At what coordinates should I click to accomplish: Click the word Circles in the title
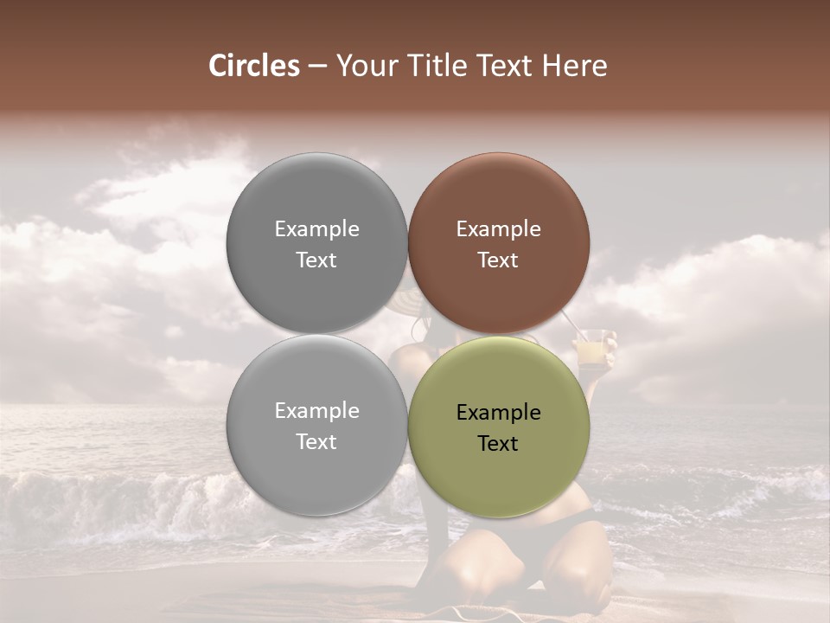pos(253,66)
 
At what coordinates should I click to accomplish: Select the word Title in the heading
pos(438,66)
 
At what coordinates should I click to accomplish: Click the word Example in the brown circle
pos(498,229)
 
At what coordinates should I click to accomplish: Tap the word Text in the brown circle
pos(498,260)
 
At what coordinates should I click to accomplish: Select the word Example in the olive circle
pos(498,413)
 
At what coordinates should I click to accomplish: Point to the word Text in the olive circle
pos(498,443)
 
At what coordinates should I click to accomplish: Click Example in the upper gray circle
pos(316,229)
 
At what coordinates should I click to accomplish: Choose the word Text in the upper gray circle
pos(316,260)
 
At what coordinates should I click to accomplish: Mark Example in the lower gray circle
pos(316,411)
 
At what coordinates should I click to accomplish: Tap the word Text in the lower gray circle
pos(316,441)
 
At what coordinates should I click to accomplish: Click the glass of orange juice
pos(591,350)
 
